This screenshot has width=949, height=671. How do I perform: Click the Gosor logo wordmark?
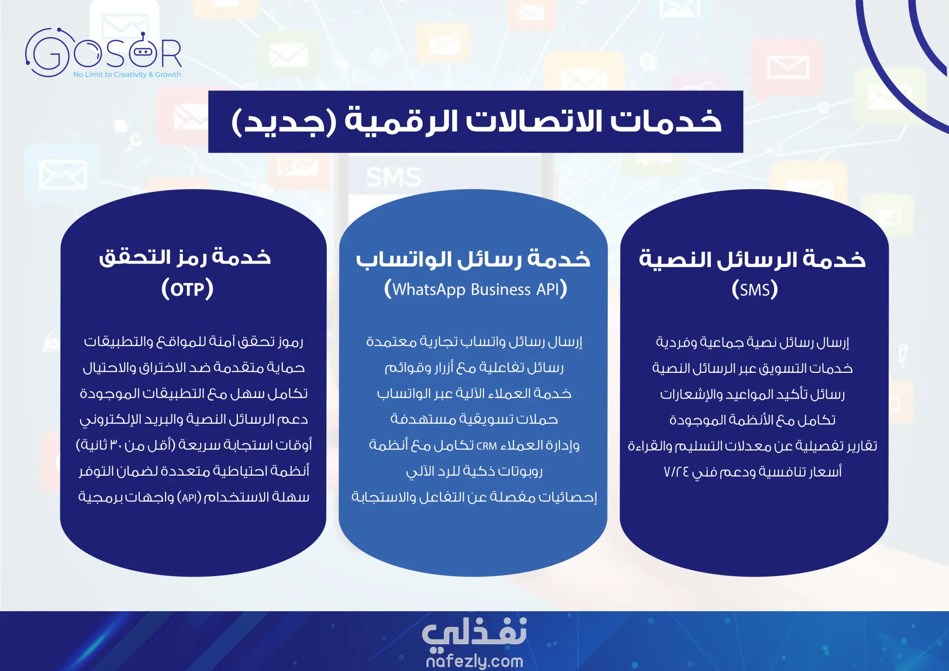tap(103, 52)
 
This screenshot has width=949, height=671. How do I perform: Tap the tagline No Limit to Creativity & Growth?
tap(127, 75)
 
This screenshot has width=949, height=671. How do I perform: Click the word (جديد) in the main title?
tap(284, 121)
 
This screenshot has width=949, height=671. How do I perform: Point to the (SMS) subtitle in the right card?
tap(755, 289)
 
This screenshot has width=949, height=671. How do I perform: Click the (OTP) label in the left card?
tap(187, 289)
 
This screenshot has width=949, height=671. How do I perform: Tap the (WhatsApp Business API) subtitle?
tap(475, 289)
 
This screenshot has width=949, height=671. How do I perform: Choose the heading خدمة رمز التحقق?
tap(185, 257)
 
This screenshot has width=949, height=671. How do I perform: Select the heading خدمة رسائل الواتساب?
tap(473, 259)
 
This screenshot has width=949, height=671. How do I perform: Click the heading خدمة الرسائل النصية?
tap(752, 259)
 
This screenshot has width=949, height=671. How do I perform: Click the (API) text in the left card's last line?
tap(189, 497)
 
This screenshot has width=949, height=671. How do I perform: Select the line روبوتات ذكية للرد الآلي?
tap(474, 471)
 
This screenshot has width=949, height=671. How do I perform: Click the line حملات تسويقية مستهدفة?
tap(474, 419)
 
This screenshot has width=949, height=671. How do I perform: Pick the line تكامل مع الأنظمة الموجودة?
tap(752, 420)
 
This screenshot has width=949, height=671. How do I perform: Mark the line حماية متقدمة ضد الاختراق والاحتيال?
tap(194, 368)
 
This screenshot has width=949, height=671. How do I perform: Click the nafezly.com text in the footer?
tap(474, 661)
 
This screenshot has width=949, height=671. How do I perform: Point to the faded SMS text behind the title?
tap(394, 177)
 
